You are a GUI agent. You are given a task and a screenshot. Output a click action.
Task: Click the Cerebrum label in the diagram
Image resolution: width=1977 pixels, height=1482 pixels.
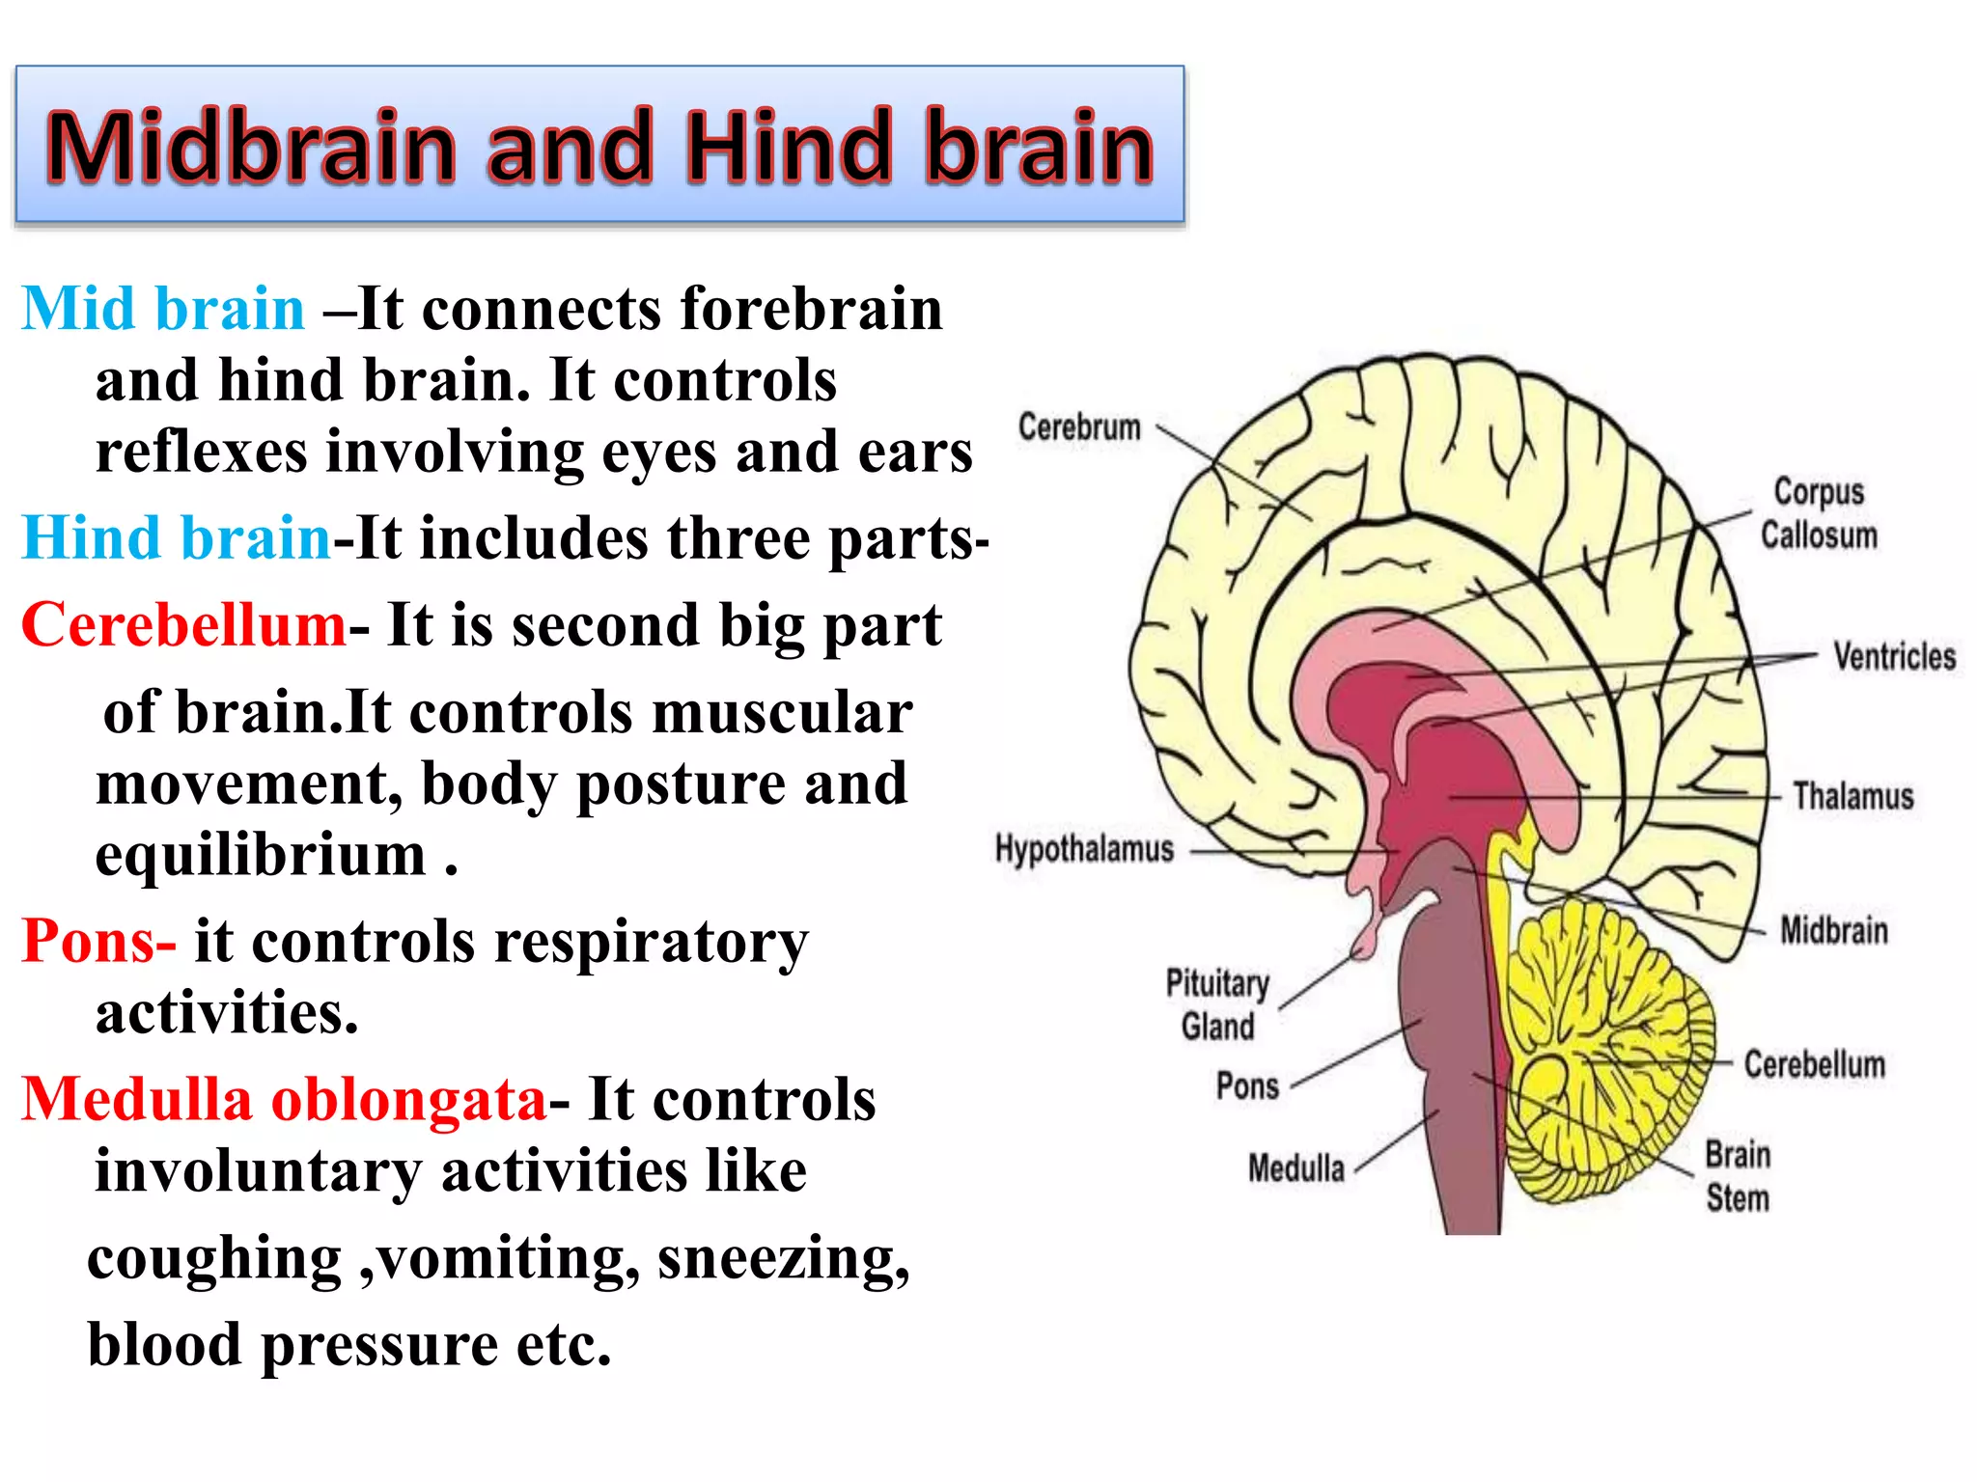tap(1079, 426)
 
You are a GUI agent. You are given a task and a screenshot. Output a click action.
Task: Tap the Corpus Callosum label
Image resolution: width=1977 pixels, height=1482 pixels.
tap(1819, 513)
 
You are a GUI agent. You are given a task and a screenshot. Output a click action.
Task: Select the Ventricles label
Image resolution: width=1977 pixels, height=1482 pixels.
tap(1894, 657)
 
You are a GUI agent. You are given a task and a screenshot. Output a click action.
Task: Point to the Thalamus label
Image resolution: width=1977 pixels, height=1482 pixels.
tap(1852, 797)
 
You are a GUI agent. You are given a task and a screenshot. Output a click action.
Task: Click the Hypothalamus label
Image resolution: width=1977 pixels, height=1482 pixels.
tap(1084, 849)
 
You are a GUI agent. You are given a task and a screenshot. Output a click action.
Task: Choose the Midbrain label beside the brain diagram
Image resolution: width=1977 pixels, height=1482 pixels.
tap(1833, 931)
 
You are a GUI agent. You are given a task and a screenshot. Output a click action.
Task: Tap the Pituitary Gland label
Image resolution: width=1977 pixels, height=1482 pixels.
tap(1217, 1004)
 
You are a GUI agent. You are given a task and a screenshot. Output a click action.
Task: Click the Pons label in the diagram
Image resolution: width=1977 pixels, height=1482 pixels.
tap(1247, 1086)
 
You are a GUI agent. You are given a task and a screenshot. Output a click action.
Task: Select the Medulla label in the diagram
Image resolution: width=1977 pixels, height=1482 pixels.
tap(1295, 1168)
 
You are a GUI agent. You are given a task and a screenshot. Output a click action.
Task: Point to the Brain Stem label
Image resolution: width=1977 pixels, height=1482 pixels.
tap(1738, 1176)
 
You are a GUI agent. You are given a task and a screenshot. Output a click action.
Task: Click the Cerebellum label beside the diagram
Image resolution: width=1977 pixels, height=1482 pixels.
tap(1814, 1065)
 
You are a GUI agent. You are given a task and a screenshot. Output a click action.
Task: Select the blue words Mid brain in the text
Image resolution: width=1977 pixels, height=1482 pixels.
tap(163, 310)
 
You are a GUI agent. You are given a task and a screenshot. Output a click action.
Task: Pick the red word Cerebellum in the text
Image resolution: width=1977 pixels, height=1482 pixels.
tap(183, 625)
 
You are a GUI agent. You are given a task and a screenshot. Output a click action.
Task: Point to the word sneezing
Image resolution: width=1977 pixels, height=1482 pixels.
tap(783, 1258)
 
